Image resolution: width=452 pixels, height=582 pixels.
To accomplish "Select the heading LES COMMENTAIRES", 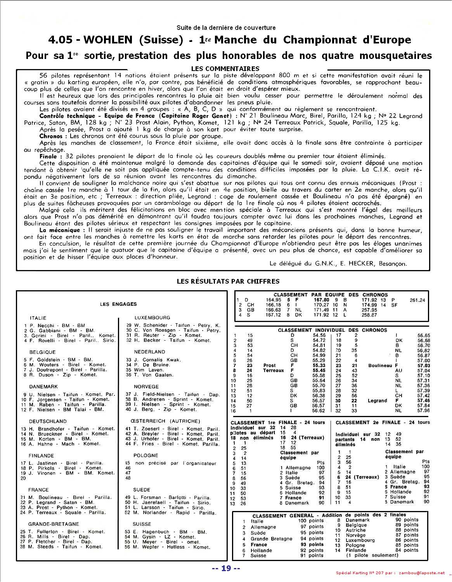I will tap(225, 69).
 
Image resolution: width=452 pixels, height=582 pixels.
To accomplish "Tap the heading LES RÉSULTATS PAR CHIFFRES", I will tap(228, 281).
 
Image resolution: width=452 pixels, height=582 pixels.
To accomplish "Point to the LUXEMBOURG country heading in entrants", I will tap(152, 318).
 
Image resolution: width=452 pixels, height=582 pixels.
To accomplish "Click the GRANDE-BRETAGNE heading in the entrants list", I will tap(54, 524).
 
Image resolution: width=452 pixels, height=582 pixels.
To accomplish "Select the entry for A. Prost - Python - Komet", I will tap(61, 507).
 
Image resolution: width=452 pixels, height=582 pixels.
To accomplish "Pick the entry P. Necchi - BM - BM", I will tap(54, 326).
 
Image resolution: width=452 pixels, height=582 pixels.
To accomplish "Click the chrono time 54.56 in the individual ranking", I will tap(319, 335).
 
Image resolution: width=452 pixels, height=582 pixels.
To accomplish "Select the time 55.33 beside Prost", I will tap(319, 365).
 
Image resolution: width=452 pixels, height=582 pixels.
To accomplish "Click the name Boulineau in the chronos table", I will tap(380, 365).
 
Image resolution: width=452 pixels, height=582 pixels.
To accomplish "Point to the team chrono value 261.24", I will tap(417, 300).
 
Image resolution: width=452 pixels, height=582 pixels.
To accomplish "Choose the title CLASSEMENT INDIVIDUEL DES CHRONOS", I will tap(332, 330).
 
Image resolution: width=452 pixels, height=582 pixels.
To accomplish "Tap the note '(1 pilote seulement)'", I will tap(372, 555).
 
